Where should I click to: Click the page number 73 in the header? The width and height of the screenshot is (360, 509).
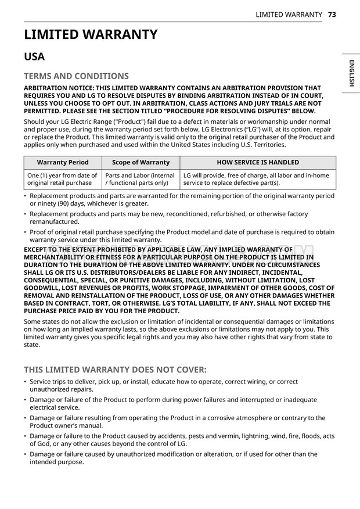pyautogui.click(x=332, y=14)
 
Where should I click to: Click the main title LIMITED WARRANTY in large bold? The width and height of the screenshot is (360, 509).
pyautogui.click(x=91, y=35)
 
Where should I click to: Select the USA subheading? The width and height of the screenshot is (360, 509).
pyautogui.click(x=34, y=57)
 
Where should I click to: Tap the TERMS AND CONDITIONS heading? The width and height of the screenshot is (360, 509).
pyautogui.click(x=76, y=76)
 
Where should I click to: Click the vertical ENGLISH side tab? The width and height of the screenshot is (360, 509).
pyautogui.click(x=351, y=73)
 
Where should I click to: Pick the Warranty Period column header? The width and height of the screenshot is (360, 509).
pyautogui.click(x=63, y=163)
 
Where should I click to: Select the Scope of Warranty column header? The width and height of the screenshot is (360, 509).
pyautogui.click(x=141, y=163)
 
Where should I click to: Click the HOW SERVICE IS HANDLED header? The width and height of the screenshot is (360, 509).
pyautogui.click(x=258, y=163)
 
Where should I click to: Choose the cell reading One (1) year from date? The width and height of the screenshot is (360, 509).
pyautogui.click(x=63, y=179)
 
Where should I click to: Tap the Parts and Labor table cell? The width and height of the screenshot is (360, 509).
pyautogui.click(x=141, y=179)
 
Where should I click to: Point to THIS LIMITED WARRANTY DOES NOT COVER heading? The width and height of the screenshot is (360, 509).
pyautogui.click(x=115, y=370)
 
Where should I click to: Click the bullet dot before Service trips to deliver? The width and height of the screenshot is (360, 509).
pyautogui.click(x=26, y=382)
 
